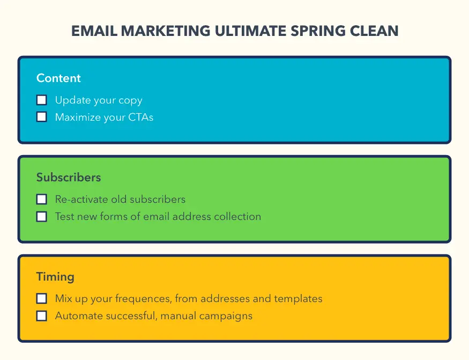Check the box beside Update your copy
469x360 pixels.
click(42, 100)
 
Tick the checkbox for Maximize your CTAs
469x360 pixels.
click(42, 117)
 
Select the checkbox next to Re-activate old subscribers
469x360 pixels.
click(42, 199)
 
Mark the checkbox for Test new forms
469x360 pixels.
click(42, 217)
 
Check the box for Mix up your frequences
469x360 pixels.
click(42, 298)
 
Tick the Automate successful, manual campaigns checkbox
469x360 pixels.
click(42, 315)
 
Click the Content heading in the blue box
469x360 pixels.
click(58, 78)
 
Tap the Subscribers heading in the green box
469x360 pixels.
click(69, 178)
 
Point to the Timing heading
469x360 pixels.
click(55, 277)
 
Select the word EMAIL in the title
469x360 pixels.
click(94, 31)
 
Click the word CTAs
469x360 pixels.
click(140, 117)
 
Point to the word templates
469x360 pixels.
click(299, 298)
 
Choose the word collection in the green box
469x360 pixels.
click(237, 217)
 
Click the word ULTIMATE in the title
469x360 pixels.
click(248, 31)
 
